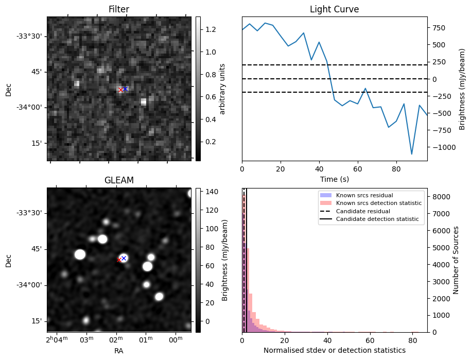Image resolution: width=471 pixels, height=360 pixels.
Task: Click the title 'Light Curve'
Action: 334,9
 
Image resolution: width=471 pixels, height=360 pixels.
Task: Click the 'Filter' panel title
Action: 118,9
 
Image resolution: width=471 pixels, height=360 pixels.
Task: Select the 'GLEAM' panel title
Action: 118,180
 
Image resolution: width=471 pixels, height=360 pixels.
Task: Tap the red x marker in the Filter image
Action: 120,90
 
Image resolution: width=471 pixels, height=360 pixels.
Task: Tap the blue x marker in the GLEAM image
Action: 124,258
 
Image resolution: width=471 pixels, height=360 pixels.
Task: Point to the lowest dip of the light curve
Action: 412,154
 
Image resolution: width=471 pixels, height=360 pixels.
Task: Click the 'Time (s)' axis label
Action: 334,179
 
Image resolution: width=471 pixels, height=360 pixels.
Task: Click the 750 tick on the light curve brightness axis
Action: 438,28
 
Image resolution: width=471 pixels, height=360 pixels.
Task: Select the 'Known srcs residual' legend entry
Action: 364,195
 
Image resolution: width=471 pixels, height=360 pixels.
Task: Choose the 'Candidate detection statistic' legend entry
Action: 377,219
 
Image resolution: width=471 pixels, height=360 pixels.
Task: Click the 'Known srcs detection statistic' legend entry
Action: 378,203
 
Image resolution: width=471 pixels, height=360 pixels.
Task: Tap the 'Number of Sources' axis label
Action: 456,260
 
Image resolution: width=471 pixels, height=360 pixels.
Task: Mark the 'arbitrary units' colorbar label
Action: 222,89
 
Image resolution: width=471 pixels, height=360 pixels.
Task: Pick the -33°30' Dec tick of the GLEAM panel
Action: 31,213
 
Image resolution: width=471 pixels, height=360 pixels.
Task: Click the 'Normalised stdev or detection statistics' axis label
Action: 334,350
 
